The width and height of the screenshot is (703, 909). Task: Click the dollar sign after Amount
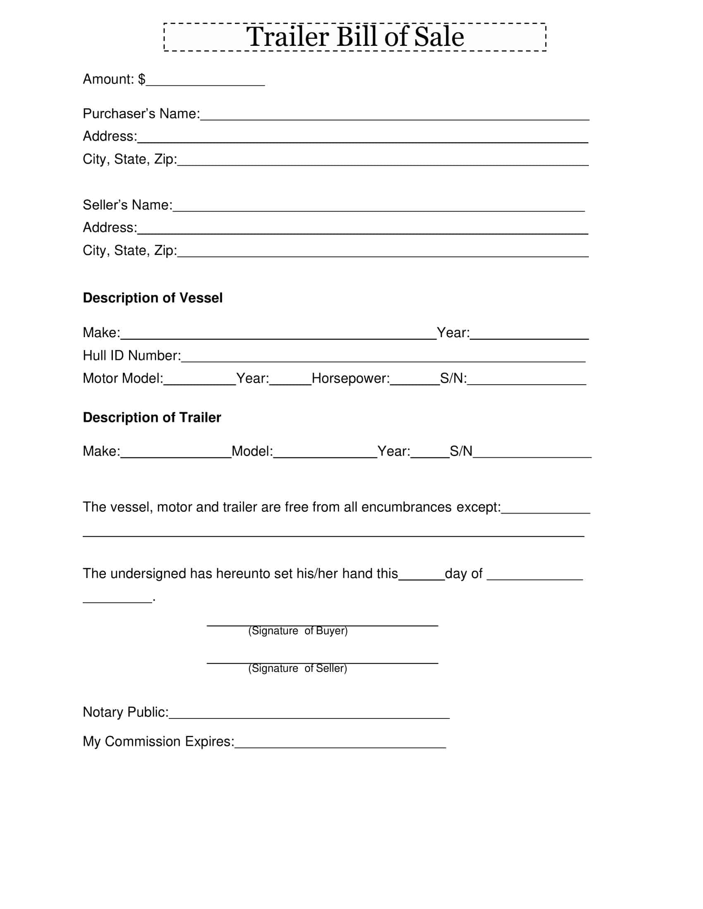pos(141,79)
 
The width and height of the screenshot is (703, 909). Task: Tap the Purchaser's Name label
pos(141,114)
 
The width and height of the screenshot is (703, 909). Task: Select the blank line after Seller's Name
pos(378,208)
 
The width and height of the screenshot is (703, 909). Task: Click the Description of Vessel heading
pos(153,298)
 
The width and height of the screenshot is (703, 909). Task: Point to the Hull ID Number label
pos(132,355)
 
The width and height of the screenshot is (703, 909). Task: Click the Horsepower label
pos(351,378)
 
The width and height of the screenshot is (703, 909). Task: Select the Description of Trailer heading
pos(152,417)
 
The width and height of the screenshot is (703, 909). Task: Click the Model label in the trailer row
pos(252,451)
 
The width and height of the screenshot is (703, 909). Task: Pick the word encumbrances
pos(406,507)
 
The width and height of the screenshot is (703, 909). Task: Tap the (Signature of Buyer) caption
pos(298,631)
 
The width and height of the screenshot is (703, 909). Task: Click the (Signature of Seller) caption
pos(297,668)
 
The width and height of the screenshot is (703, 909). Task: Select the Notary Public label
pos(125,712)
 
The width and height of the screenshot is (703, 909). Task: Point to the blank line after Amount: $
pos(205,83)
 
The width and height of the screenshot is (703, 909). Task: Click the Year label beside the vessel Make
pos(453,333)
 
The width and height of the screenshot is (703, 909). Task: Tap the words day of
pos(463,573)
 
